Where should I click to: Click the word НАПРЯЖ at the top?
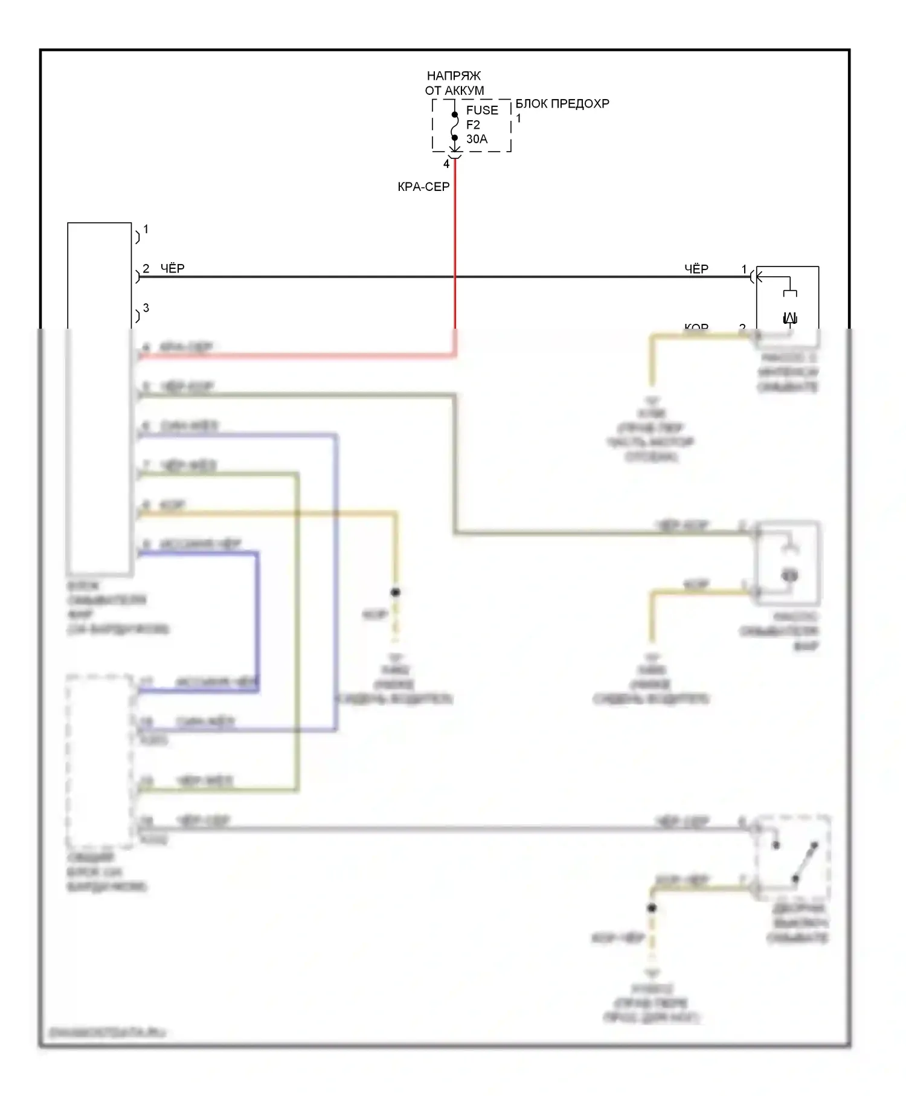[454, 76]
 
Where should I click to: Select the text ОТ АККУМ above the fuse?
[454, 91]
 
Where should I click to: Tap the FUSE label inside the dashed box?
[482, 111]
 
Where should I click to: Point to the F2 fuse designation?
[473, 125]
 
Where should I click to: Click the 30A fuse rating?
[477, 139]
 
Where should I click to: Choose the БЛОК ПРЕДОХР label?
[562, 104]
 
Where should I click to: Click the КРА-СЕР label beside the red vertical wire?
[423, 187]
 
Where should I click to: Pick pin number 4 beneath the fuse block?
[446, 164]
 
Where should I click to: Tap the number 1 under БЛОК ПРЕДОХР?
[518, 118]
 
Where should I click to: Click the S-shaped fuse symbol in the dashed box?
[455, 126]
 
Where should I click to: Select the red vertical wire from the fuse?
[455, 242]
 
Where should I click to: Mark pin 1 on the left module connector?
[146, 230]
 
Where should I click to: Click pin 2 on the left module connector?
[146, 269]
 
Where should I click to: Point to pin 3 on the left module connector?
[146, 308]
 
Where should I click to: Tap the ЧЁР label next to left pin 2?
[173, 269]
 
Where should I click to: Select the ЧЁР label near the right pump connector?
[696, 269]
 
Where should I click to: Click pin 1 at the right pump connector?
[744, 269]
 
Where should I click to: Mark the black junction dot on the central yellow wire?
[396, 592]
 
